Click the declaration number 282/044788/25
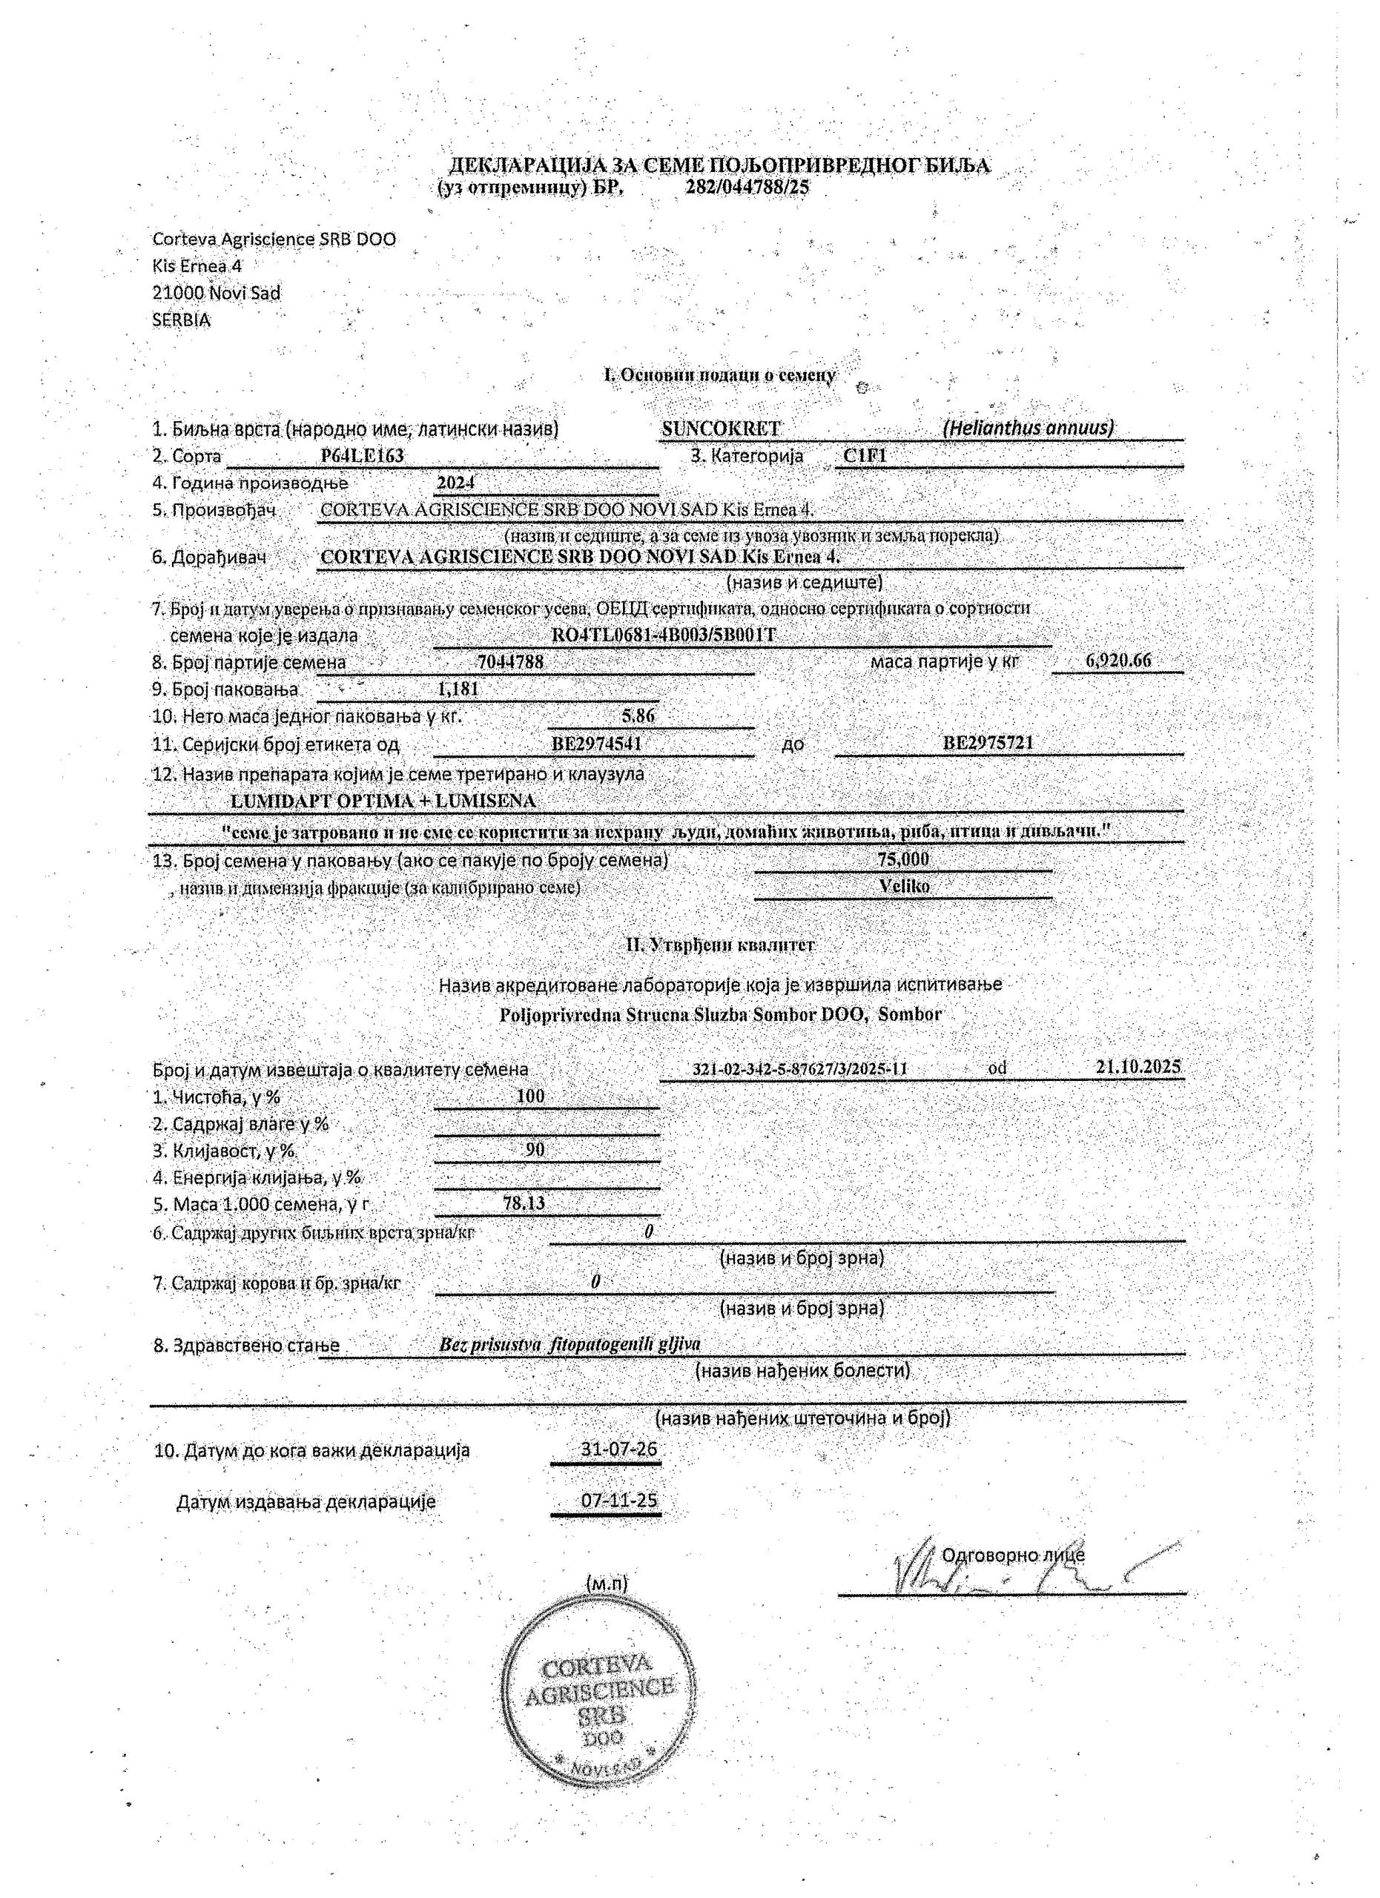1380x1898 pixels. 747,188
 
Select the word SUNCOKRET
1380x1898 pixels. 721,429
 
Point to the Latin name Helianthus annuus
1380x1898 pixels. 1029,428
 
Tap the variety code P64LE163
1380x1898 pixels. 363,456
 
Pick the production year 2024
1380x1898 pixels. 456,483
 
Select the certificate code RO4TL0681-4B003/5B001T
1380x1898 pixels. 663,635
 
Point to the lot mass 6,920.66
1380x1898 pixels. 1118,661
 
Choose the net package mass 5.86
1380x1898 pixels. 638,715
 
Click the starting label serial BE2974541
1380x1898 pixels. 597,743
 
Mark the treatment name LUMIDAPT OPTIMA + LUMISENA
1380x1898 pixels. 383,801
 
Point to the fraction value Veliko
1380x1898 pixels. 904,885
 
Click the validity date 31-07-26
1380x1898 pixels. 618,1449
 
